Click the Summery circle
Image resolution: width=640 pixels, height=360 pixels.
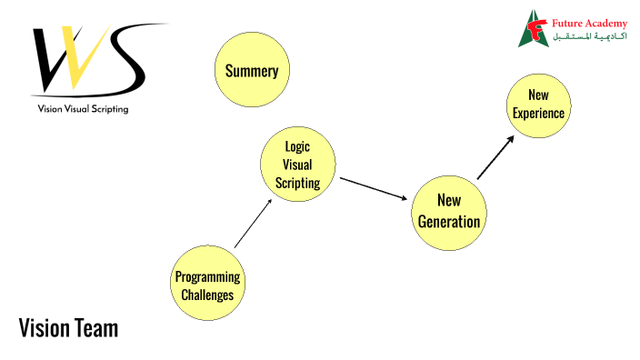252,70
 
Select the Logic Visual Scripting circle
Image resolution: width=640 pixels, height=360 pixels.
297,164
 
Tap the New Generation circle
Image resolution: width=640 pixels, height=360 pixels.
448,210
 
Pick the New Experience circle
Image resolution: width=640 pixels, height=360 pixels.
538,105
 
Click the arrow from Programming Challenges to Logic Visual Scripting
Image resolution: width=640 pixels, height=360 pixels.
253,223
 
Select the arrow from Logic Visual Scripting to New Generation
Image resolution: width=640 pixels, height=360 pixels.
373,188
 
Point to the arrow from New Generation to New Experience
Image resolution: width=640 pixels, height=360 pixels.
495,156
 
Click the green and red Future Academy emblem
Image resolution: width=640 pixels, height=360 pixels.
533,28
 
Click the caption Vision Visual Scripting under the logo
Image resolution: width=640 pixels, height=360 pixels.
83,109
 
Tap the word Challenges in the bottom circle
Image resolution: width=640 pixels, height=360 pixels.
207,295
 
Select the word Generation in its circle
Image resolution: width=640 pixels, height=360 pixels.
449,220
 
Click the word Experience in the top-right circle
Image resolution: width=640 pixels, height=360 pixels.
538,114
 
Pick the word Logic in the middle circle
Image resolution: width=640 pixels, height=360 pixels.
297,145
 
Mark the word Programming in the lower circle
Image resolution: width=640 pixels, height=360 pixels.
207,277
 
